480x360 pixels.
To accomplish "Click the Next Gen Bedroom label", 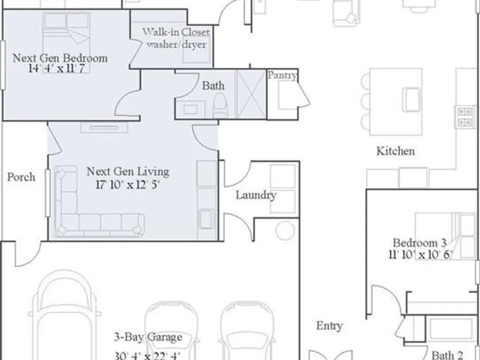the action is [60, 58].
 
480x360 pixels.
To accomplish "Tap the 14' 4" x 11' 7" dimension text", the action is [56, 69].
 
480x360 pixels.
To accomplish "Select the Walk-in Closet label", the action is [176, 32].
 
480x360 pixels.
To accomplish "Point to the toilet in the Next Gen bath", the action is [220, 105].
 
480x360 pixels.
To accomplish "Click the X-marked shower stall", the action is [251, 94].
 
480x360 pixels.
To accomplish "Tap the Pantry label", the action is [282, 75].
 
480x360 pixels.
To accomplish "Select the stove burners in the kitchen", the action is [465, 117].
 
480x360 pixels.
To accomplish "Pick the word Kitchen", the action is [396, 151].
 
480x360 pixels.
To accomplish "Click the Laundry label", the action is [256, 195].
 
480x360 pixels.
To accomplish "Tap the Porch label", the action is [21, 177].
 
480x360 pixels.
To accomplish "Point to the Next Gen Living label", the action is [128, 171].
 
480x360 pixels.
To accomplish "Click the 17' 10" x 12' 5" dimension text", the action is [128, 185].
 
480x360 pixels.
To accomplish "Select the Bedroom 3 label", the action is [420, 243].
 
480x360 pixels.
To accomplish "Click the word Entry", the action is [329, 326].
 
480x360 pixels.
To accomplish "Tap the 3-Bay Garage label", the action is [148, 337].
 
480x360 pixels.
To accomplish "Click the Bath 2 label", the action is [447, 355].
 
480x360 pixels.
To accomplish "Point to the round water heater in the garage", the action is [285, 230].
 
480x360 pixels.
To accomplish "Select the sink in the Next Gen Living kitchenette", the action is [206, 218].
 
